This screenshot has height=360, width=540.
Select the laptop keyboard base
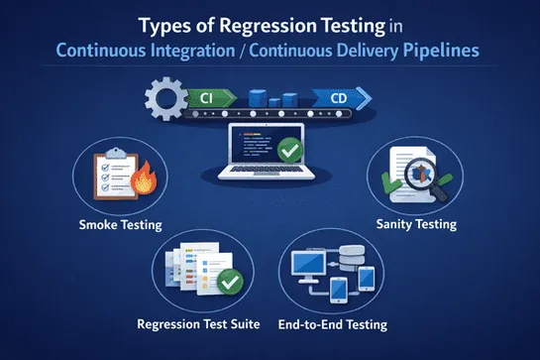[x=270, y=177]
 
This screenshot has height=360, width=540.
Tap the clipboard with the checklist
[x=111, y=176]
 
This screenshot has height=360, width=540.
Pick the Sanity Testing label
[x=417, y=224]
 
